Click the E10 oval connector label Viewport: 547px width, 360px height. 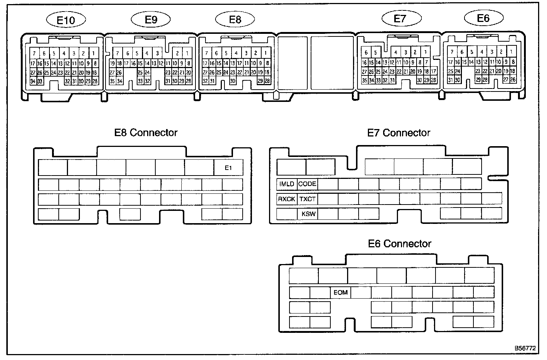point(66,20)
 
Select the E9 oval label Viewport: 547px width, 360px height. point(151,20)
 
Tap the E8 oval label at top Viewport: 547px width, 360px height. point(235,20)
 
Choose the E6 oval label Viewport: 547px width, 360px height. point(483,18)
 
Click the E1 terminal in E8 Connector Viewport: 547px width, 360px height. point(229,168)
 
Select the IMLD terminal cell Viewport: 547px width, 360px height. point(287,184)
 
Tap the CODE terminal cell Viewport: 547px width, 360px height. point(307,184)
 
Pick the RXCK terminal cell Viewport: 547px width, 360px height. point(287,199)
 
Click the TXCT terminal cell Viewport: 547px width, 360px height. point(307,199)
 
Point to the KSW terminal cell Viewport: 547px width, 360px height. point(308,214)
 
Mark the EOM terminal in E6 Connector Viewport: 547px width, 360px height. point(340,292)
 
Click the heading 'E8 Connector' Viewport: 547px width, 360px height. point(146,133)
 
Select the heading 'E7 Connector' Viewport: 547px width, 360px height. point(399,133)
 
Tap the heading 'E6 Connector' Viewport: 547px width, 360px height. point(399,244)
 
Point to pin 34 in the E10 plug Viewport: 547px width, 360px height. point(33,81)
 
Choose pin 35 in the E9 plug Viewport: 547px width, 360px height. point(112,81)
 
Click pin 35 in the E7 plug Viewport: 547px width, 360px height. point(365,80)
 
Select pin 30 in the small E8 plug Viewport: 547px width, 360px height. point(233,81)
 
